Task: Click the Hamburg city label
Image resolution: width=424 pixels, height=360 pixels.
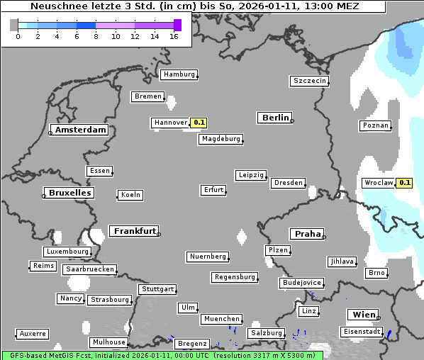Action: click(178, 74)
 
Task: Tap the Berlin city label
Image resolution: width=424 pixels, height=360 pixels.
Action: click(275, 118)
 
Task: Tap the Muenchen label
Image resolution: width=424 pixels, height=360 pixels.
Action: click(221, 320)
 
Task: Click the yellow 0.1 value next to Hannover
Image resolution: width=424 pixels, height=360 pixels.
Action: click(199, 123)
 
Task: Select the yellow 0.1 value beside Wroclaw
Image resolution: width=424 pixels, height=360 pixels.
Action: click(405, 182)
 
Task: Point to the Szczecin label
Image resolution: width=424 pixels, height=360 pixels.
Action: click(309, 81)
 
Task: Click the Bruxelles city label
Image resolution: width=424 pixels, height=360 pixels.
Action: click(69, 193)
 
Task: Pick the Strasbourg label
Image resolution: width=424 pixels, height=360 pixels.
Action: click(110, 300)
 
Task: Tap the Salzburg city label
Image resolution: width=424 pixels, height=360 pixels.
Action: click(266, 333)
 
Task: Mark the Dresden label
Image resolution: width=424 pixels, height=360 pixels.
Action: click(289, 183)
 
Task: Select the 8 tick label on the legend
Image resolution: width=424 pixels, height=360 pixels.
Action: click(96, 36)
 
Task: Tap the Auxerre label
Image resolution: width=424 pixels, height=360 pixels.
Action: click(33, 333)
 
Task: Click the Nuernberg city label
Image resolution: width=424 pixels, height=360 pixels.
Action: click(208, 257)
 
